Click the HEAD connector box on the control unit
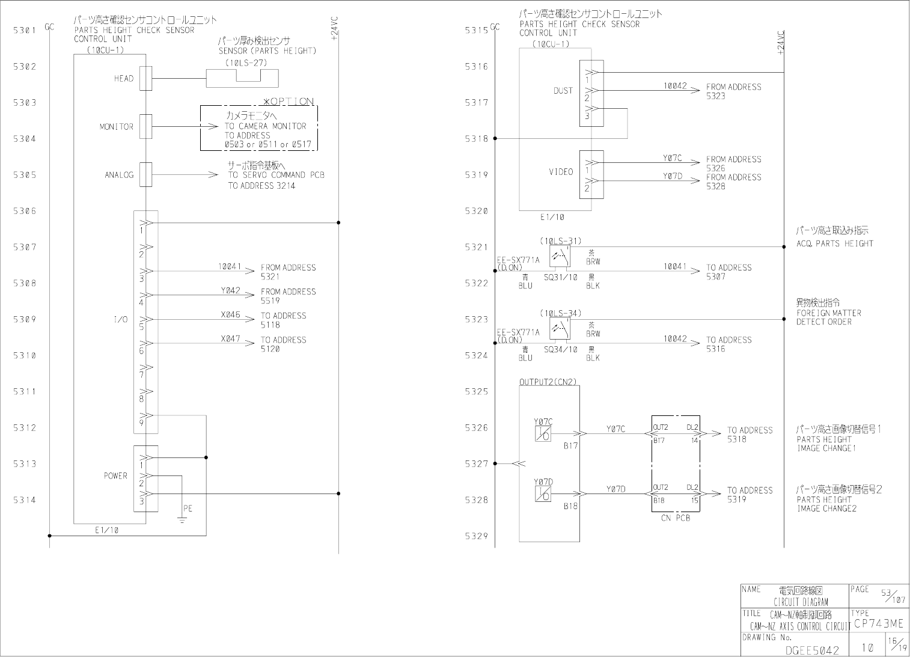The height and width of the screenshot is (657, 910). click(145, 79)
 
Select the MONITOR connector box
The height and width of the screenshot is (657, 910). click(145, 126)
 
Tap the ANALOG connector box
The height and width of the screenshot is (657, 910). click(145, 175)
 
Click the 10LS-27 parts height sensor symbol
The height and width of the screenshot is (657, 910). click(242, 78)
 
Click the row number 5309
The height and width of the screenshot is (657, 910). click(25, 319)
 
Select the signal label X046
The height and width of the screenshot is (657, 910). click(230, 315)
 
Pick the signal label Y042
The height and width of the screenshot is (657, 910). click(230, 291)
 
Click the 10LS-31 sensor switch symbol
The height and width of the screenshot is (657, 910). click(560, 256)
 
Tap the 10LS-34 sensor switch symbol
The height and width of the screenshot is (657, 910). click(560, 328)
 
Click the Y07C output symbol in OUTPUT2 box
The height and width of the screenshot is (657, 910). click(542, 433)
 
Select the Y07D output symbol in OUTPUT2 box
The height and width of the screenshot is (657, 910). click(542, 494)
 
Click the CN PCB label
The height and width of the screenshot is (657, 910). click(676, 518)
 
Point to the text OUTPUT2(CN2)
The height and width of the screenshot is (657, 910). click(548, 382)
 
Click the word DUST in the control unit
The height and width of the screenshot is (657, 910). click(563, 91)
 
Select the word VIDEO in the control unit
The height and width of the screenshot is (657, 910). click(561, 172)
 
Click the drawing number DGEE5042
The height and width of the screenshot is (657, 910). click(812, 650)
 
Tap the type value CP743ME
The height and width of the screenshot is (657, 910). click(878, 624)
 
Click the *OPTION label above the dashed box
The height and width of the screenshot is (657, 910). click(289, 102)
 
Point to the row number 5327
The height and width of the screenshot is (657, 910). click(476, 464)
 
